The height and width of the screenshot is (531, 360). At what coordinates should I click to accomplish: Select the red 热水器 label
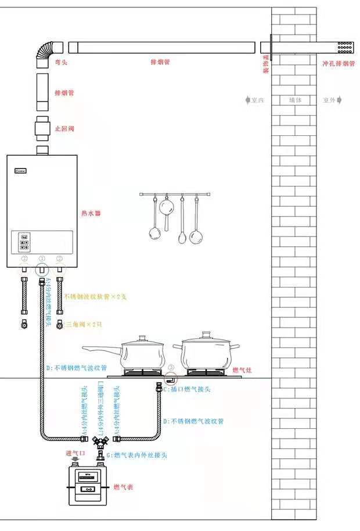(91, 214)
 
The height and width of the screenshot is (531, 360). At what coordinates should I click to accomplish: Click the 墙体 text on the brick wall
(296, 100)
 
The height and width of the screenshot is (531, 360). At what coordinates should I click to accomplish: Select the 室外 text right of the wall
(329, 100)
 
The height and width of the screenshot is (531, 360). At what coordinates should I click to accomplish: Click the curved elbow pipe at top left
(44, 52)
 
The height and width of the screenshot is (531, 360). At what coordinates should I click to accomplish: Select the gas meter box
(87, 486)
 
